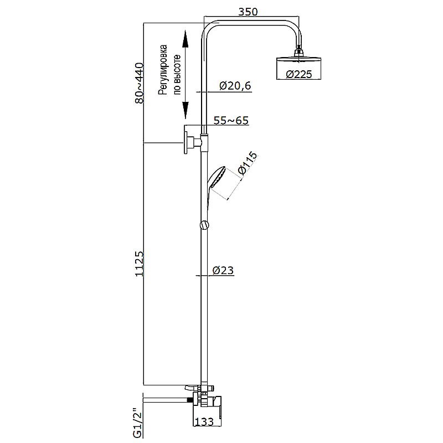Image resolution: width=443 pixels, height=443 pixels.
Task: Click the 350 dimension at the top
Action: pos(248,12)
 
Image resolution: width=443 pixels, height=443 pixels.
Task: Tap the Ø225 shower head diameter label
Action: pos(299,74)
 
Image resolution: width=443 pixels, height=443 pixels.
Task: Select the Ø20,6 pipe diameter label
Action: pos(235,86)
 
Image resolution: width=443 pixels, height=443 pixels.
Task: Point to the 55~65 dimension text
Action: pos(231,121)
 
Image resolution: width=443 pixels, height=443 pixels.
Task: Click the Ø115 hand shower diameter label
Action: pos(248,163)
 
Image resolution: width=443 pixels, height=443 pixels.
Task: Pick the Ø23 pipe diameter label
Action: pos(223,270)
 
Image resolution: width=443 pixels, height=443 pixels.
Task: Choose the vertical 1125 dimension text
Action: pos(140,264)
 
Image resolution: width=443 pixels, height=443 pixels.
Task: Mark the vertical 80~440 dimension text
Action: pos(140,84)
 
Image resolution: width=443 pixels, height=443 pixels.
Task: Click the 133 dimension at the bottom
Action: pos(204,422)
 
